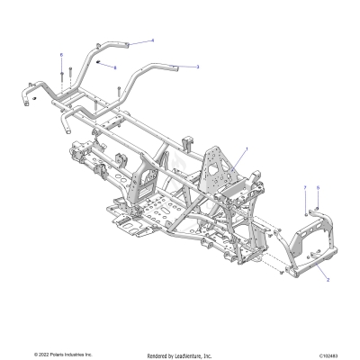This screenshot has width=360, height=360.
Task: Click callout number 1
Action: click(247, 148)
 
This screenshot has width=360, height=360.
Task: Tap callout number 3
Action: click(198, 67)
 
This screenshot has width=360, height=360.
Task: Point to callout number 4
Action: click(152, 40)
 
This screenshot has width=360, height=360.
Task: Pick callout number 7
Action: click(305, 187)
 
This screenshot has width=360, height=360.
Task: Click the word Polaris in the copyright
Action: click(54, 354)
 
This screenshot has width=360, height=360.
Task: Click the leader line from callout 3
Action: click(184, 66)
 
